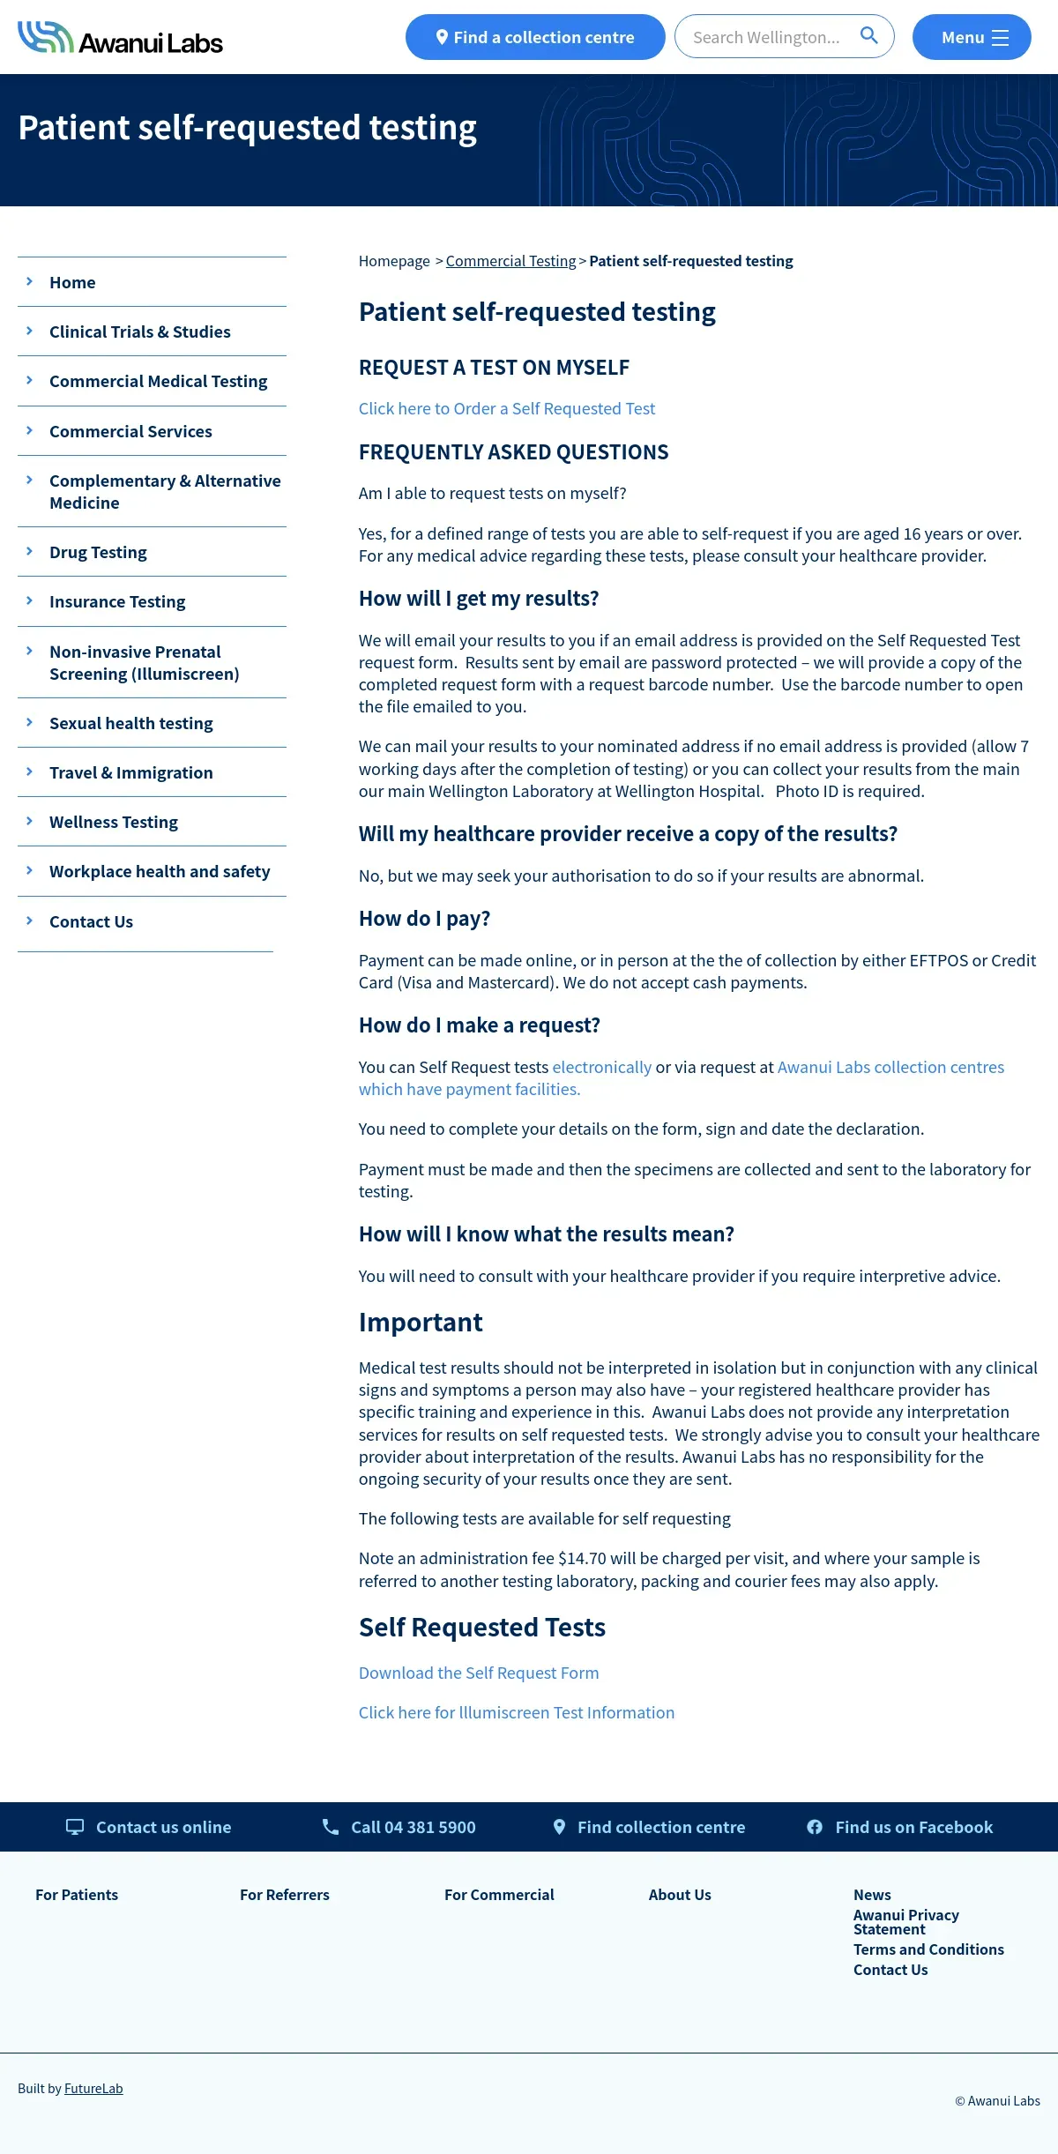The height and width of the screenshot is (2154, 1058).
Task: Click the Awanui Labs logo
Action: coord(120,38)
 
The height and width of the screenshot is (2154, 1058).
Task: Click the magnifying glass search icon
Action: coord(868,36)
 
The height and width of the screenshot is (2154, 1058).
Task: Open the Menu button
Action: coord(971,38)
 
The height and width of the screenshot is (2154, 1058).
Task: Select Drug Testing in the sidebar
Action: coord(98,552)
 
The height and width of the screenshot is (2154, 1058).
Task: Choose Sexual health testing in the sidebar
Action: coord(130,723)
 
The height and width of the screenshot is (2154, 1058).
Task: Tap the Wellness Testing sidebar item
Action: coord(113,822)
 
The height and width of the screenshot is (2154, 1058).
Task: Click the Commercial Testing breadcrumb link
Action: coord(510,261)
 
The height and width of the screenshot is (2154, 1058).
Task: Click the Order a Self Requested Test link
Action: coord(506,408)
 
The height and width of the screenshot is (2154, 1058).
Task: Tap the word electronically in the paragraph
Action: coord(601,1067)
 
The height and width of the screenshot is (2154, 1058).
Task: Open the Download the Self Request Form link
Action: coord(478,1673)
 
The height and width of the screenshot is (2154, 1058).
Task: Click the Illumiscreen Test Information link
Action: coord(516,1712)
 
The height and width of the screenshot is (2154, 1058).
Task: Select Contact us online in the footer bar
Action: coord(163,1827)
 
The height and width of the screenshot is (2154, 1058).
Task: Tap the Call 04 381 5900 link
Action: coord(413,1827)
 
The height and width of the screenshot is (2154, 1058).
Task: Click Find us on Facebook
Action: coord(913,1827)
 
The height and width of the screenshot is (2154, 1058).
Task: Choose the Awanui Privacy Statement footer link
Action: coord(905,1921)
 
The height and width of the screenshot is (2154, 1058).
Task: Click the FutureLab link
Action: coord(93,2088)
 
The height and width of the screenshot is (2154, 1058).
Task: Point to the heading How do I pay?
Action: coord(424,918)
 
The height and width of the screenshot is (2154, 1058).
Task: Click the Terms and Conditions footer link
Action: coord(928,1949)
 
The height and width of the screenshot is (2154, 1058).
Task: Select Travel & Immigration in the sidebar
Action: coord(130,772)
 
